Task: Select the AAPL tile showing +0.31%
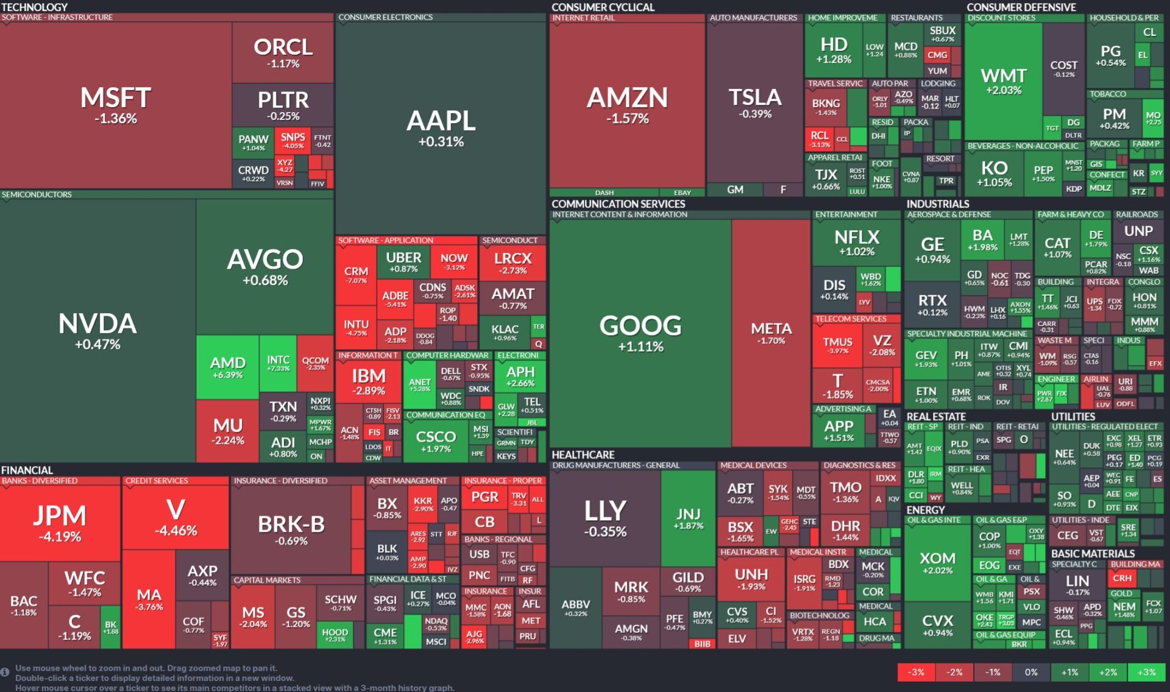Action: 441,128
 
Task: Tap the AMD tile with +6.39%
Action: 228,367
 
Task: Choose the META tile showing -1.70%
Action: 771,333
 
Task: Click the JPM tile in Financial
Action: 60,523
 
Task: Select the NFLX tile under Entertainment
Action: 856,242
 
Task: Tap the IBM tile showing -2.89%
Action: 369,381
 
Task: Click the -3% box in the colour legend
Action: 916,672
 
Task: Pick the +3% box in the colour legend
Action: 1146,672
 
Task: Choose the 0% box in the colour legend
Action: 1031,672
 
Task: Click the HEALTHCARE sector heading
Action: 583,455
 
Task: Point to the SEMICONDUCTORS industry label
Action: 37,195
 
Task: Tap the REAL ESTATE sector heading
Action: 936,417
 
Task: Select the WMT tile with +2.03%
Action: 1004,82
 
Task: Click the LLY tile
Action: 605,518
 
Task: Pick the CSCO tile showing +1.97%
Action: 436,441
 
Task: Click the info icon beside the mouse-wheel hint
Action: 5,672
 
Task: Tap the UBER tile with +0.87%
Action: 403,262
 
